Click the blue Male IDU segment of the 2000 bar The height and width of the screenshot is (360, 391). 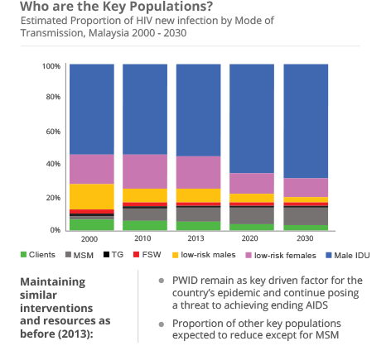point(91,108)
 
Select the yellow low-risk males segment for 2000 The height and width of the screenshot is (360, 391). point(91,196)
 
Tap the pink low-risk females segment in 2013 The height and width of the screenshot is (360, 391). point(198,172)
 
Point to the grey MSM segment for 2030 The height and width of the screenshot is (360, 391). point(306,215)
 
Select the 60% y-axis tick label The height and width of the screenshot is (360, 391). point(51,131)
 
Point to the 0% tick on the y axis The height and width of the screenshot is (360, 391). point(54,229)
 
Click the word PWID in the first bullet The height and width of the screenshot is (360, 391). point(184,281)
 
